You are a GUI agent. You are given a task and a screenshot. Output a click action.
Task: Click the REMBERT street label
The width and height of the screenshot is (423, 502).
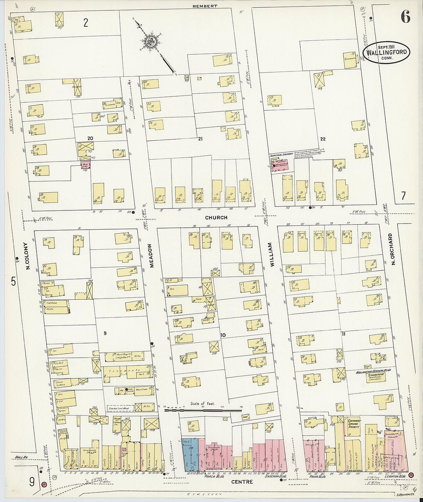click(205, 6)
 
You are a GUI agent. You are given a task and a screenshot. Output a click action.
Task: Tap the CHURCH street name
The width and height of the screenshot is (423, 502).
click(216, 218)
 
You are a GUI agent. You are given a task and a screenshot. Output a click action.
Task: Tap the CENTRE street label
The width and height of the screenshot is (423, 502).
click(242, 482)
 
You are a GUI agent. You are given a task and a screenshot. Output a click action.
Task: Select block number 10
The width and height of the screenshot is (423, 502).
click(223, 335)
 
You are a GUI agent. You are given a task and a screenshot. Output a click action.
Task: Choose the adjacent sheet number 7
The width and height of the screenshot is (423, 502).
click(403, 196)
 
